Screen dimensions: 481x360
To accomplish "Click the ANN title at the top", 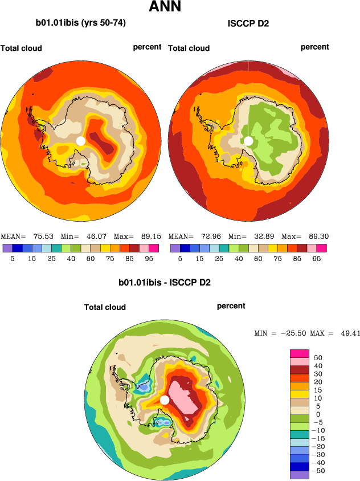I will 165,7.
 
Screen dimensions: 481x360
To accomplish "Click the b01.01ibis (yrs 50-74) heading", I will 81,23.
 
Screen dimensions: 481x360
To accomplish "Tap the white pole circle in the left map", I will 81,141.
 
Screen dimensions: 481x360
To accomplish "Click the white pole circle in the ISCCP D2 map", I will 248,141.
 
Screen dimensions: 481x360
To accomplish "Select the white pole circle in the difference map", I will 165,400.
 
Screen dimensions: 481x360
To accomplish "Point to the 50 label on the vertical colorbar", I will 318,357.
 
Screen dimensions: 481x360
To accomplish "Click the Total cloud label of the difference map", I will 105,307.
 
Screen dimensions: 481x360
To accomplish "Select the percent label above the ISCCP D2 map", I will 315,47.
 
